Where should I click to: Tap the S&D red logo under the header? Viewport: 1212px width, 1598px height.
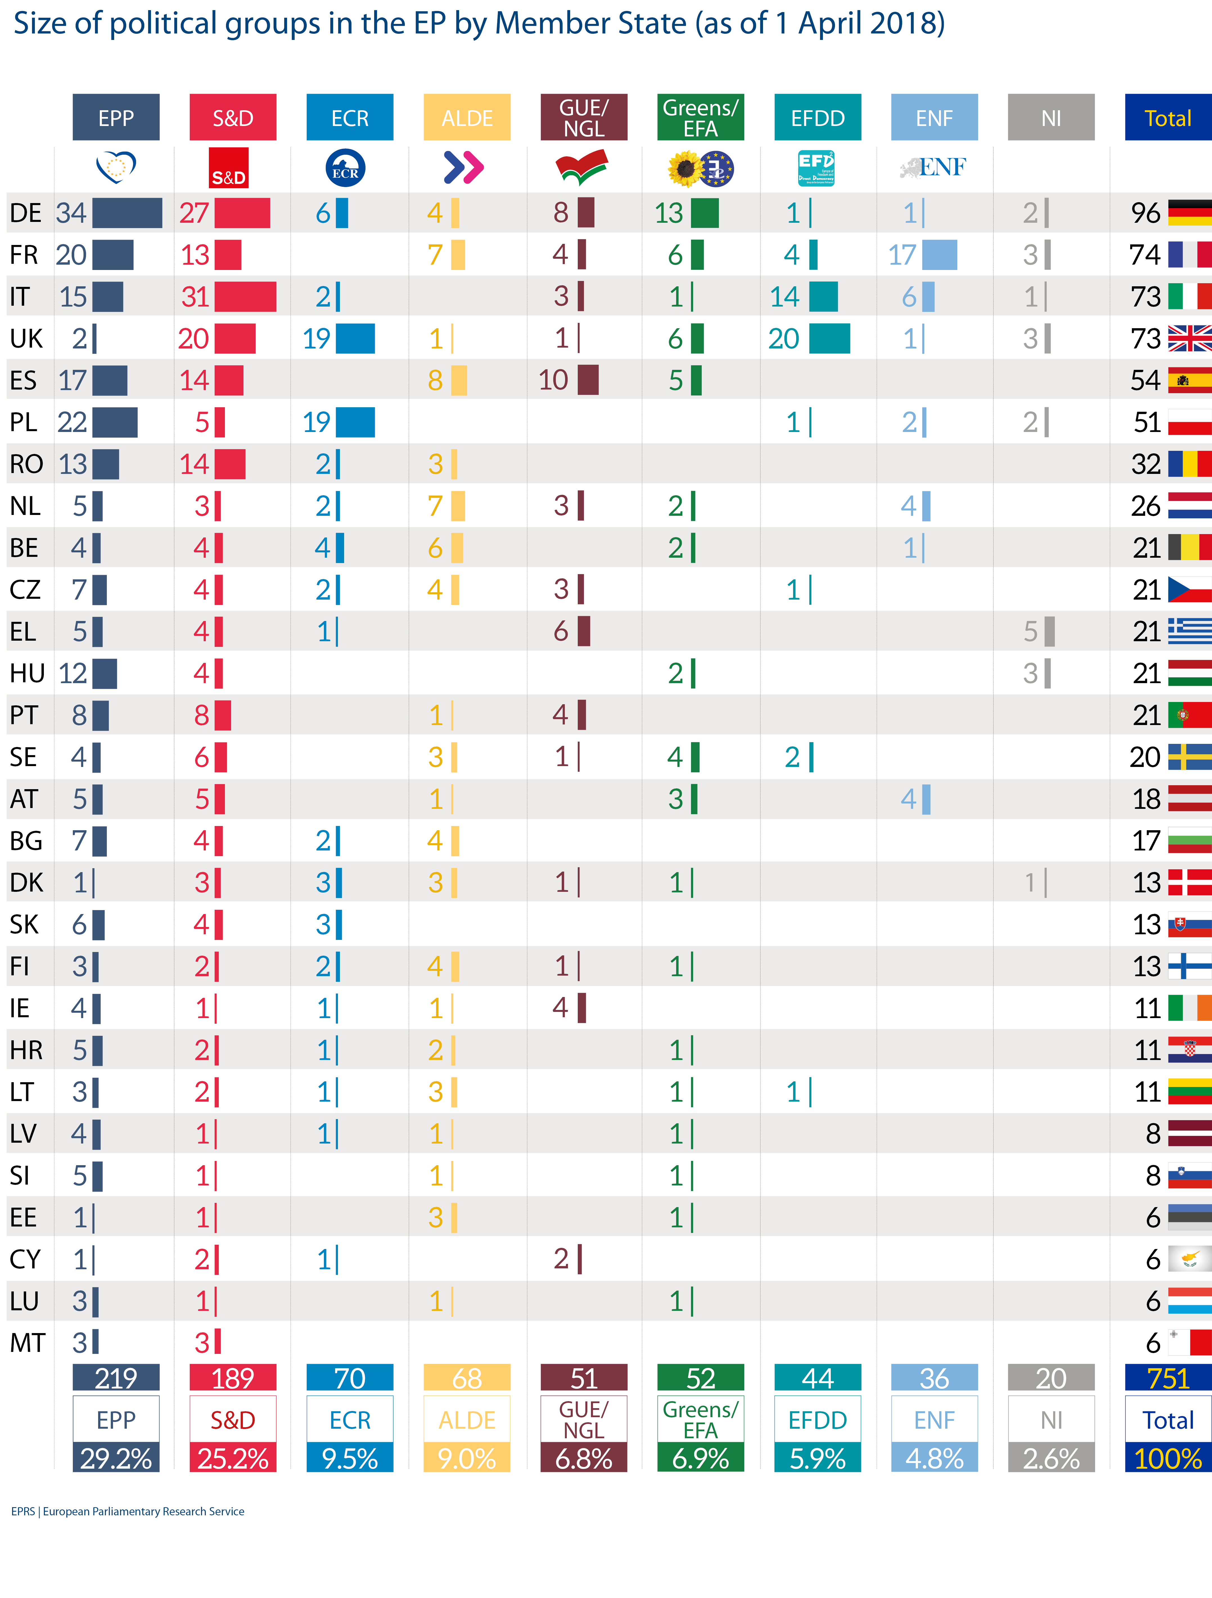(x=228, y=168)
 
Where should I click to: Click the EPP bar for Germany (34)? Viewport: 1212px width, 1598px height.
(x=127, y=213)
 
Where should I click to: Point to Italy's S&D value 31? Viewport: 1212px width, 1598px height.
(x=195, y=297)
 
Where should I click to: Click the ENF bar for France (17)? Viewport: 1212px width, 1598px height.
(x=939, y=255)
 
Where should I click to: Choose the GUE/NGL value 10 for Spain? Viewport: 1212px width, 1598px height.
(x=553, y=380)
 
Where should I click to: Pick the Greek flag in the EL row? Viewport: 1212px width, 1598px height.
(x=1189, y=631)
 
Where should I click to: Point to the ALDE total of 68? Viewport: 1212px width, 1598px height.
(x=467, y=1378)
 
